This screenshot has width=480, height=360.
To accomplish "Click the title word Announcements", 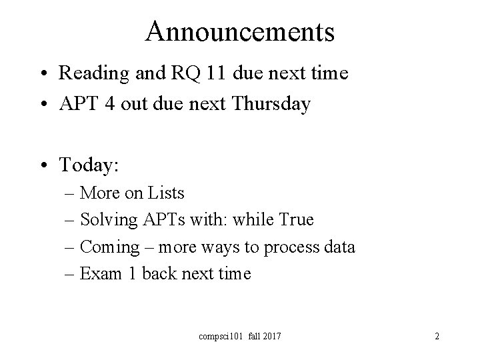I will click(x=239, y=31).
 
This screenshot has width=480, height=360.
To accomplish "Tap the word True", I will click(x=295, y=220).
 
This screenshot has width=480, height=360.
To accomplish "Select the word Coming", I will click(x=108, y=248).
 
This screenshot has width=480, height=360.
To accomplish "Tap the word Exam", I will click(x=98, y=274).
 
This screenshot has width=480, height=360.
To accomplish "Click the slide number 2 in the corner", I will click(x=437, y=337).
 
